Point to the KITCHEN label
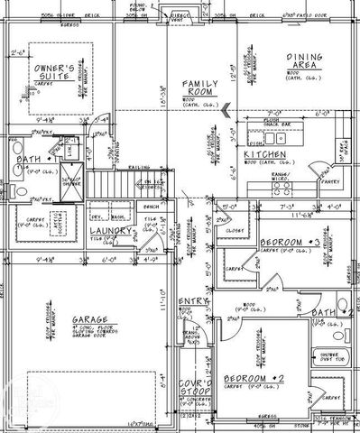coord(265,155)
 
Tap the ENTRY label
coord(192,300)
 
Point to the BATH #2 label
coord(323,312)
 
